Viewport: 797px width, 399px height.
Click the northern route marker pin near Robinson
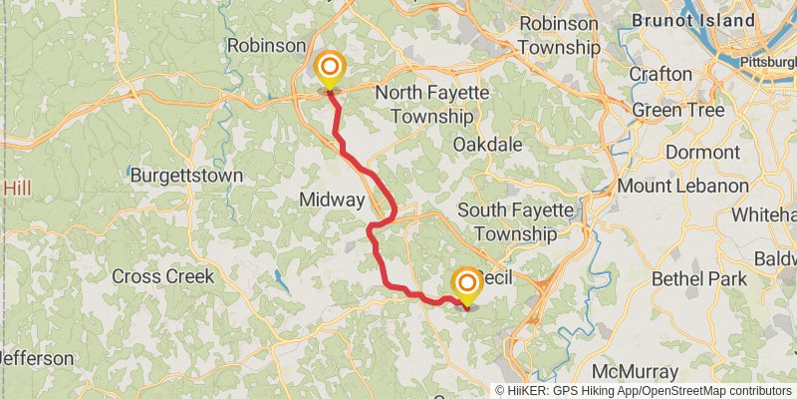(x=329, y=69)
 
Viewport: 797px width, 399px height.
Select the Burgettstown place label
(x=187, y=176)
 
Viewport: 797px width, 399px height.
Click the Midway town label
(x=332, y=200)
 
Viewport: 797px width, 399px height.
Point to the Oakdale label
(x=487, y=145)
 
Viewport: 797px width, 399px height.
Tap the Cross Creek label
(x=162, y=276)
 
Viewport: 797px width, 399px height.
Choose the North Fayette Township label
(x=431, y=104)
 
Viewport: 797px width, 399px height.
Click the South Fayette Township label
(x=515, y=221)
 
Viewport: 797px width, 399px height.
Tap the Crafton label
(x=661, y=74)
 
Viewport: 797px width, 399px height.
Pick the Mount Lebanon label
(x=682, y=186)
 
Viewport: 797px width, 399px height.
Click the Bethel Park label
(x=699, y=278)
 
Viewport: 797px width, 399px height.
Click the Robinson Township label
(x=559, y=35)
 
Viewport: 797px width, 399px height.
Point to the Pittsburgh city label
(x=768, y=63)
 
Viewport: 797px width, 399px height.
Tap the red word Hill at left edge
(x=18, y=188)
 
